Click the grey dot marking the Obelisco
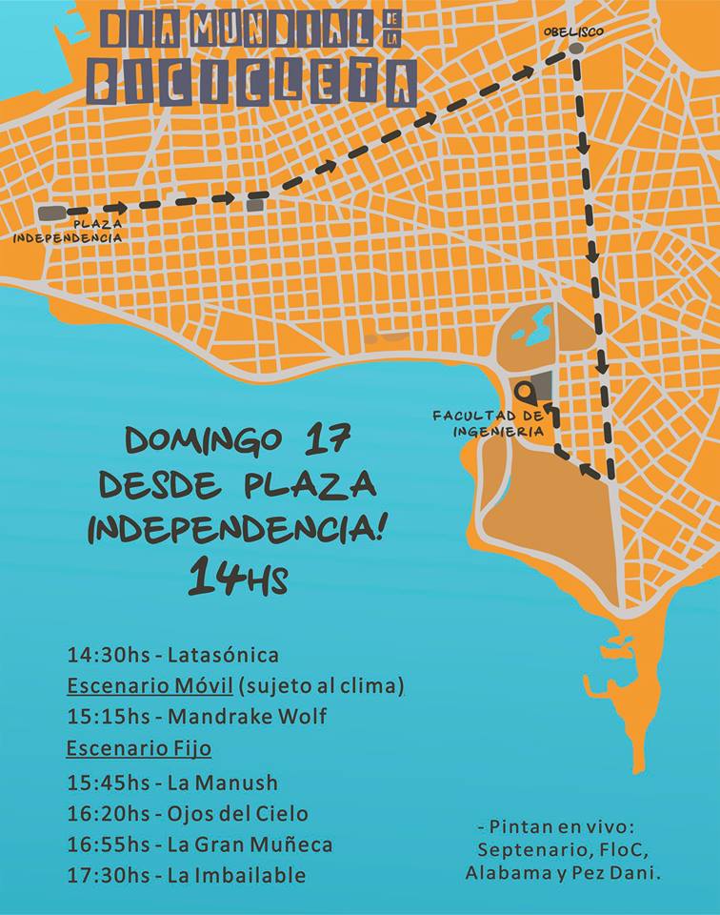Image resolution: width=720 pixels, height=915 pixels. pos(575,48)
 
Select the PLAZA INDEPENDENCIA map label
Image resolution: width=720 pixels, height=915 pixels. pos(68,231)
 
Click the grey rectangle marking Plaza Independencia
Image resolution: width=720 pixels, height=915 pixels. pos(51,213)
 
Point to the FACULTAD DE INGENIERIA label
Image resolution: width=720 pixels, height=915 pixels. pos(488,423)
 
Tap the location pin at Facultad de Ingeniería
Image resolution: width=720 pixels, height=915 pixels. pos(525,391)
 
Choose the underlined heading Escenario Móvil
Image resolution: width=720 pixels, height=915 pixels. pos(150,685)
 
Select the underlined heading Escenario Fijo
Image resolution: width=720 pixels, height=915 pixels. pos(138,748)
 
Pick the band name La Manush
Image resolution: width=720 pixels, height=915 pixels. pos(222,783)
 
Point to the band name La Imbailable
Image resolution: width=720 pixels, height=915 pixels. pos(236,875)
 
